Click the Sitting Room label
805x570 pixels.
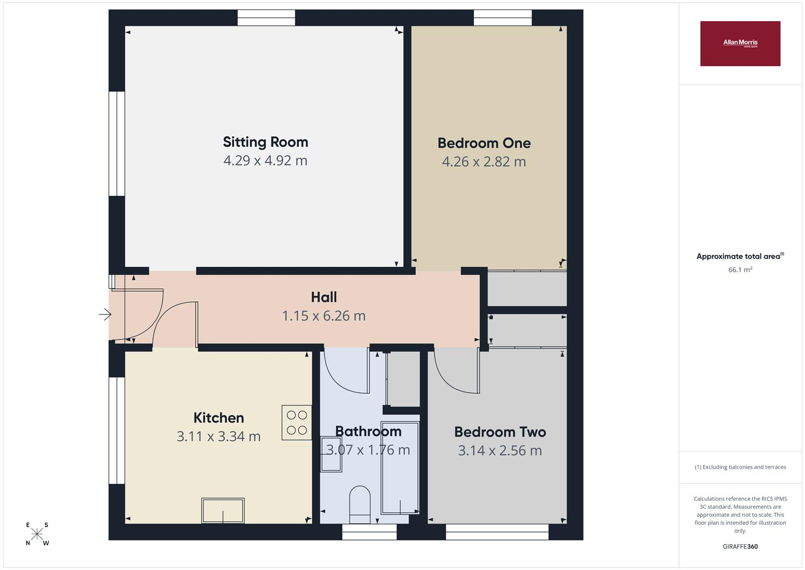coord(266,142)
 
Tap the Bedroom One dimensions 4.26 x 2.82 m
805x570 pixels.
coord(484,161)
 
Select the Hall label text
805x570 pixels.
coord(324,297)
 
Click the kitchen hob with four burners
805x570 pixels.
coord(296,422)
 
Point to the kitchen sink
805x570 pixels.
coord(223,510)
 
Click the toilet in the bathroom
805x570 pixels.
coord(360,505)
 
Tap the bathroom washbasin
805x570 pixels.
coord(331,454)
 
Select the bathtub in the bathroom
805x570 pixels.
coord(400,468)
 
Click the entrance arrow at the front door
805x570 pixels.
coord(105,315)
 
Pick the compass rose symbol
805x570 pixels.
coord(37,534)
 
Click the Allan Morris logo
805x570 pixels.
coord(740,43)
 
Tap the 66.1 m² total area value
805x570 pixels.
coord(740,270)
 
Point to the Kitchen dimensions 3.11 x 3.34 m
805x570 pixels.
coord(218,436)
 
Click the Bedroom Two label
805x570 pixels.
coord(500,432)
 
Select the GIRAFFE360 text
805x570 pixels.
coord(740,546)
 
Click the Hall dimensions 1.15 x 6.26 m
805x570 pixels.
coord(324,316)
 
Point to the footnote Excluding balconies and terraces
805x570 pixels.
coord(740,467)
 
